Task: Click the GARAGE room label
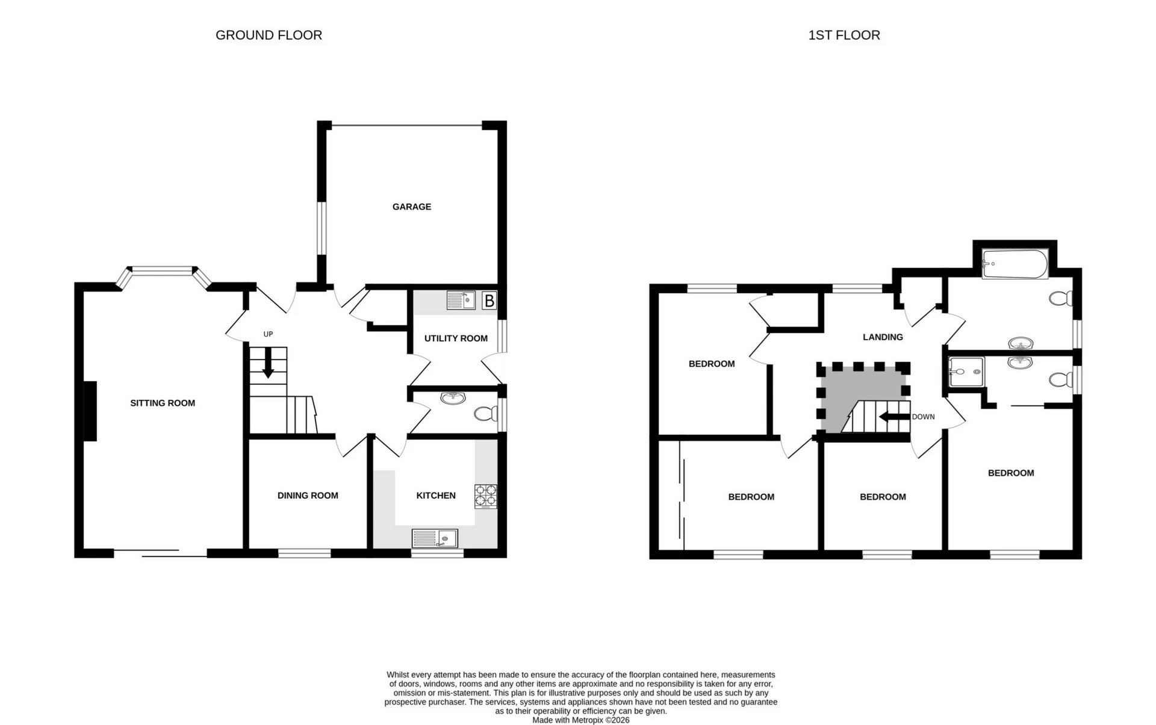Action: pos(411,207)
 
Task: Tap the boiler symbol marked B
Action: pos(489,300)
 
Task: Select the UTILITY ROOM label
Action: pos(456,338)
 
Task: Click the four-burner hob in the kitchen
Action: pos(486,496)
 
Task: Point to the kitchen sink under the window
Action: pos(435,538)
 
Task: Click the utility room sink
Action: pos(461,300)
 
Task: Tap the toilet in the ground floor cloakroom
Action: pos(485,414)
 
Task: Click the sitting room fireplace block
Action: pos(90,411)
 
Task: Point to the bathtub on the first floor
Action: pos(1015,264)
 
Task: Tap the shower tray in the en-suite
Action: pos(966,372)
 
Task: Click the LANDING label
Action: pos(883,337)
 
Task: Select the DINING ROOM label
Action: pos(308,496)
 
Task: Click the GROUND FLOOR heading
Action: pos(269,36)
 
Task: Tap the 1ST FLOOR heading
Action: pos(844,36)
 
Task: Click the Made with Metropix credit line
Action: pos(580,720)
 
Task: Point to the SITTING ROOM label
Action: pos(163,403)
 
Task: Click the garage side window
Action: pos(322,228)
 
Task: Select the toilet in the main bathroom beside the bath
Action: pos(1061,298)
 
